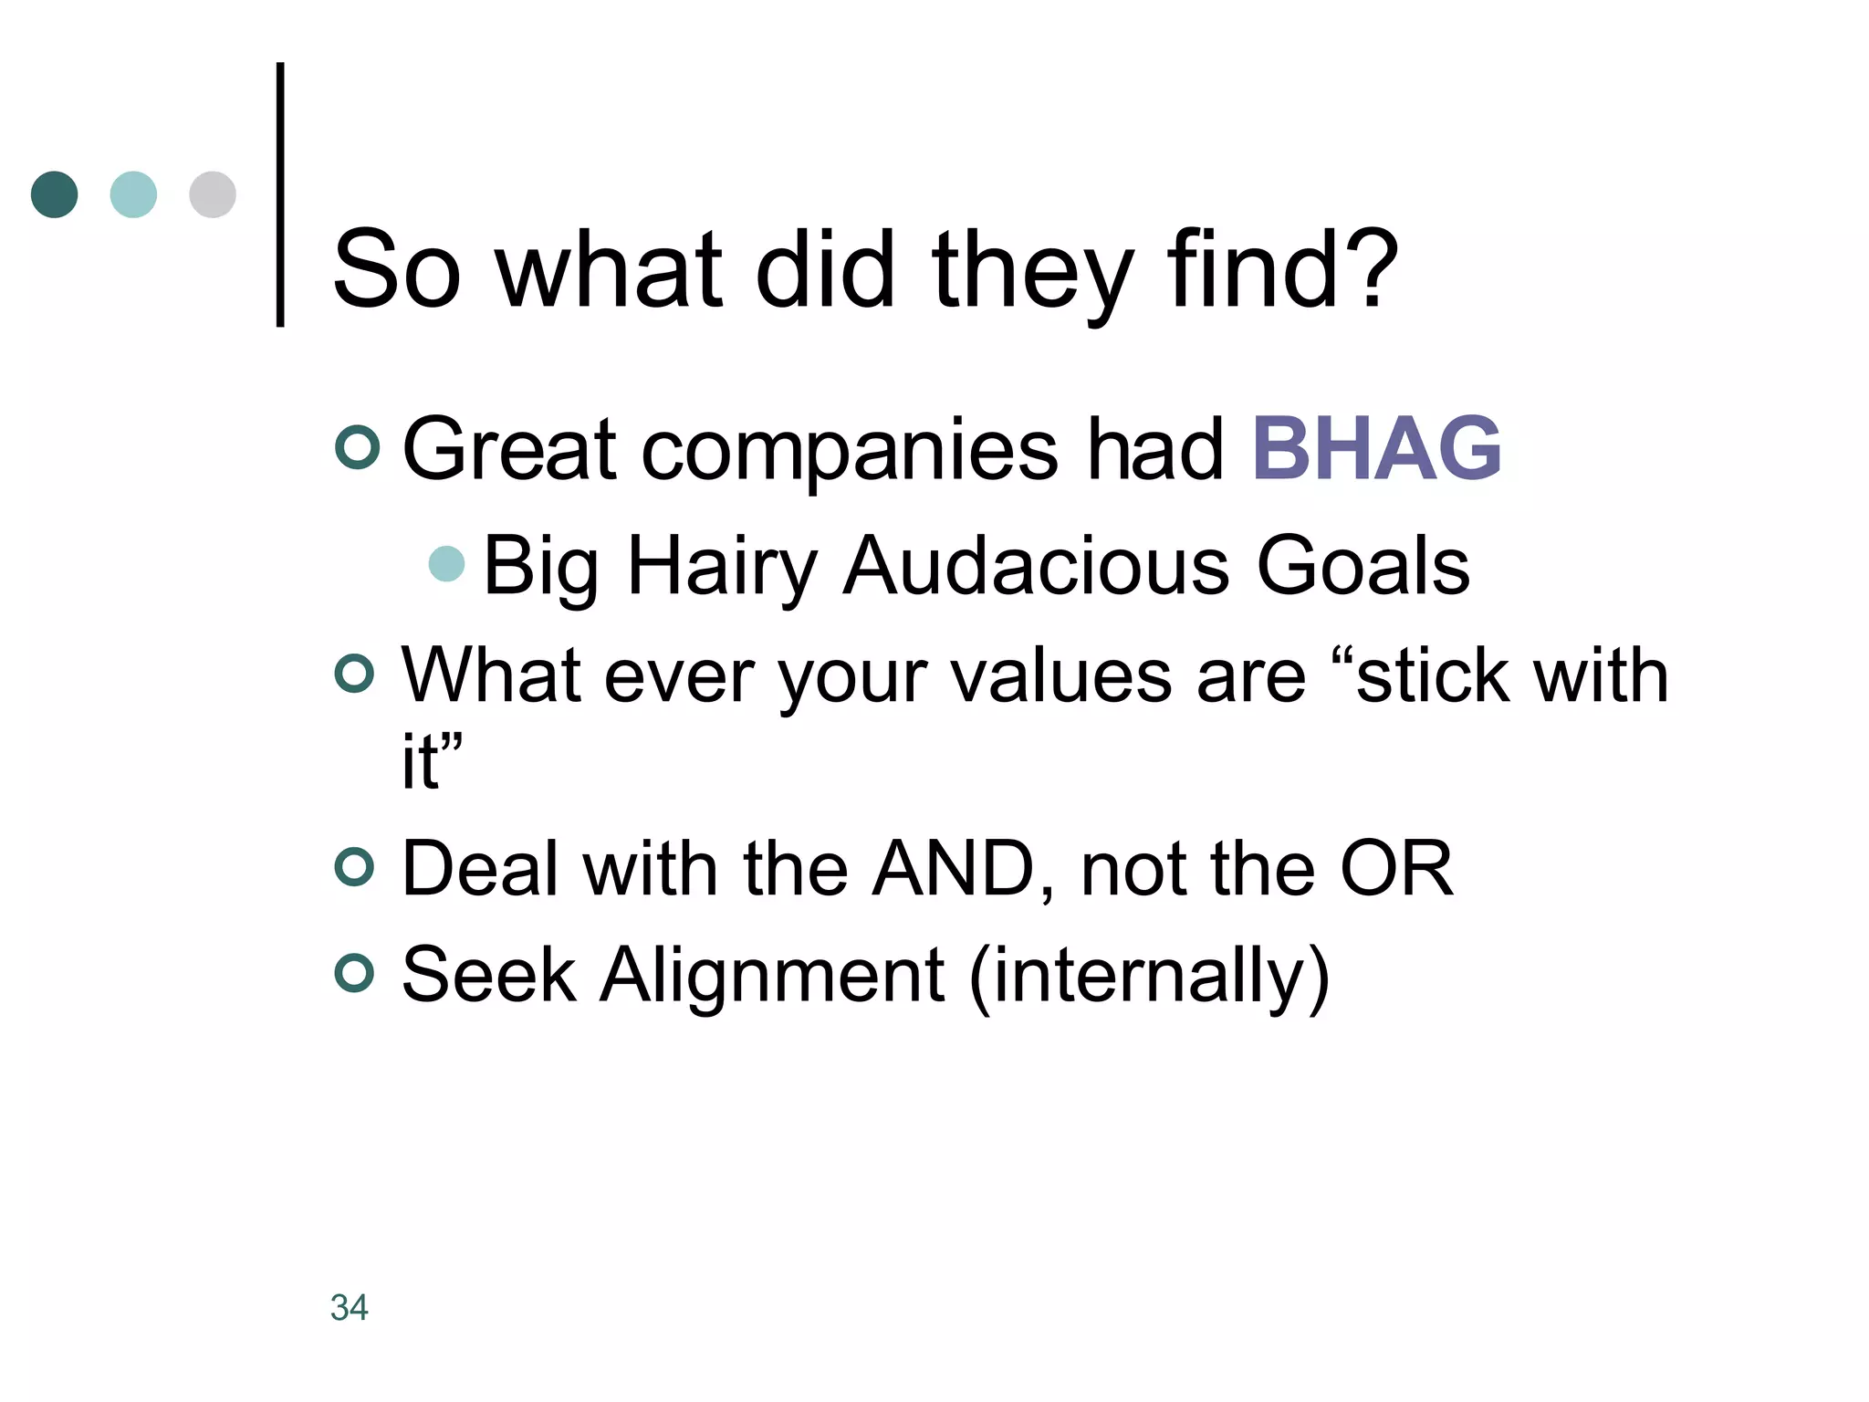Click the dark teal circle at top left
pyautogui.click(x=55, y=194)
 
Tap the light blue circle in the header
pyautogui.click(x=133, y=194)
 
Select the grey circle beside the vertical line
pyautogui.click(x=213, y=194)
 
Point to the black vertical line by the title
pyautogui.click(x=280, y=194)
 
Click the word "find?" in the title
pyautogui.click(x=1282, y=270)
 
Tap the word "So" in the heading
pyautogui.click(x=397, y=270)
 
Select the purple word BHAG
pyautogui.click(x=1376, y=448)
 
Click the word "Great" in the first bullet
pyautogui.click(x=510, y=448)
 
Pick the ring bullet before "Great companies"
pyautogui.click(x=357, y=447)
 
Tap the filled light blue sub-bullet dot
pyautogui.click(x=447, y=564)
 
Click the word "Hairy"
pyautogui.click(x=722, y=566)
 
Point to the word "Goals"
pyautogui.click(x=1363, y=566)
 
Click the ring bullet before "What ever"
pyautogui.click(x=355, y=675)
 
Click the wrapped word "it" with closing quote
pyautogui.click(x=431, y=760)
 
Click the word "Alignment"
pyautogui.click(x=772, y=975)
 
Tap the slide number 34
pyautogui.click(x=350, y=1307)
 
